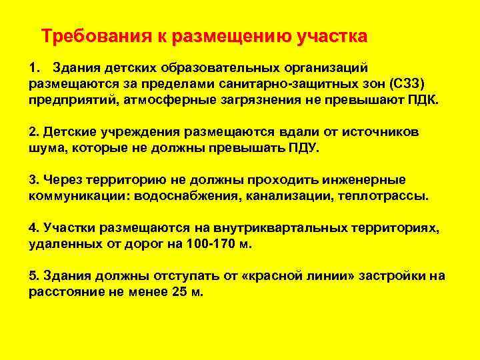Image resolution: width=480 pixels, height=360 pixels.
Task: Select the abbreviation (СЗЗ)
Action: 407,83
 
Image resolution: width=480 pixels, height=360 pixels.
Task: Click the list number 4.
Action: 32,227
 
